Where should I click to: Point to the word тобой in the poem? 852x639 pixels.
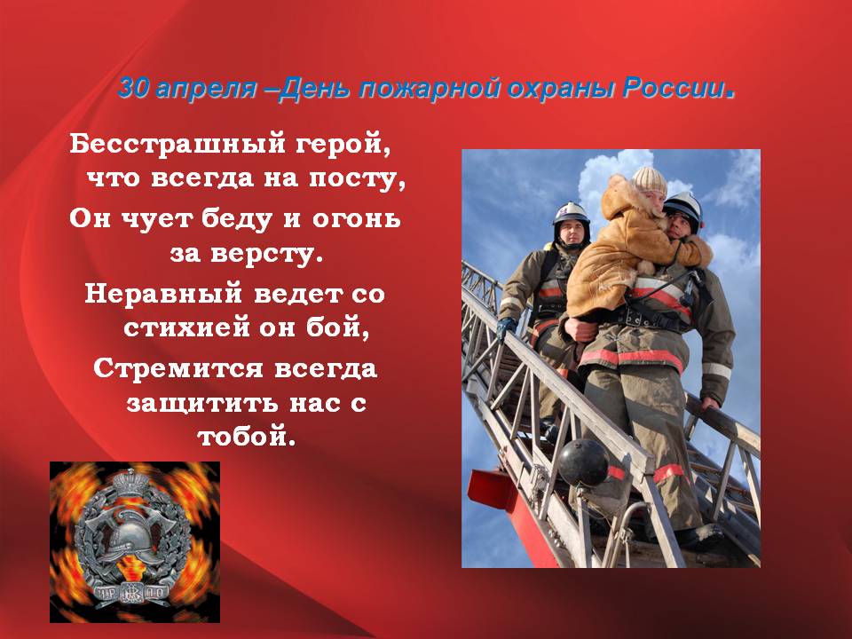click(242, 438)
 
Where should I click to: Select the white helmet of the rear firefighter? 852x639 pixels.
click(572, 213)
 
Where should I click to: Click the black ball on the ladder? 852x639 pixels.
click(582, 461)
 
